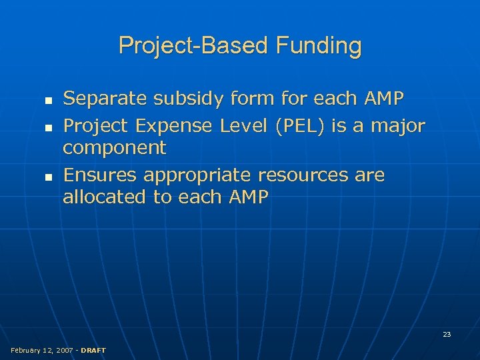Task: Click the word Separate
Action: pos(105,99)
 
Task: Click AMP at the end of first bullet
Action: pos(384,99)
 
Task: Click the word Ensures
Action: pos(100,175)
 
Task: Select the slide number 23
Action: pos(447,334)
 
